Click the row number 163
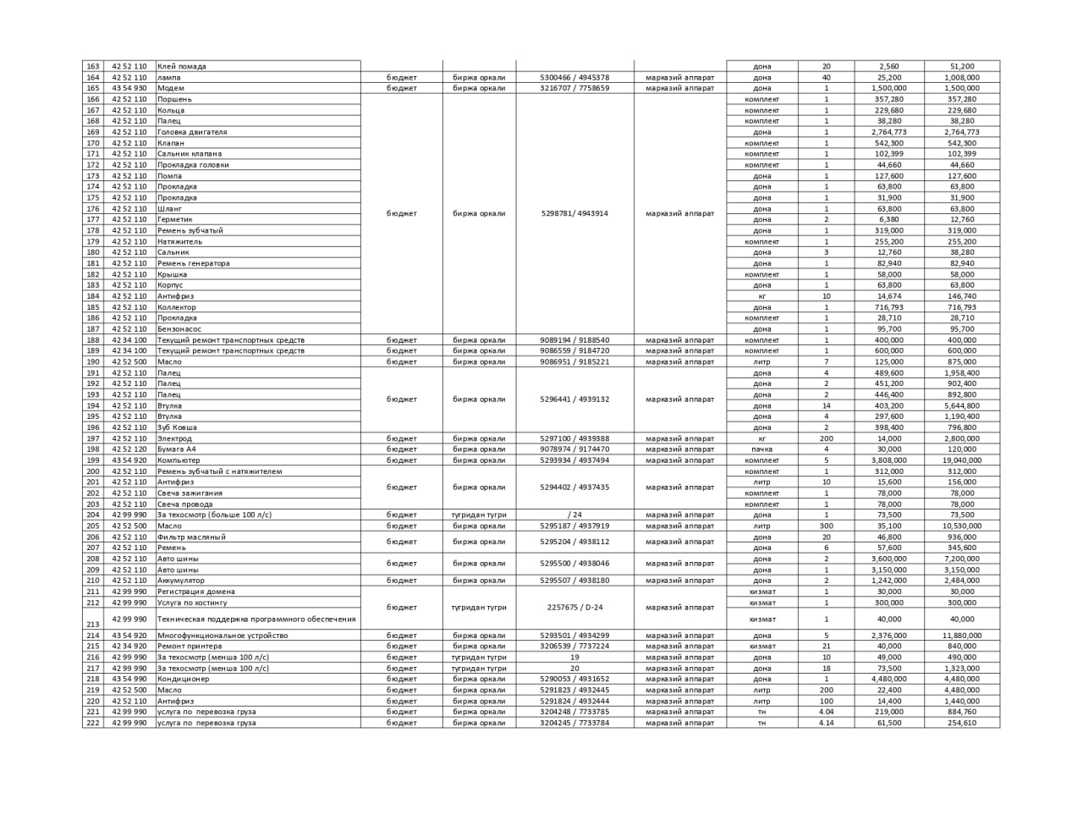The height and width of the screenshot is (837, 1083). click(x=93, y=66)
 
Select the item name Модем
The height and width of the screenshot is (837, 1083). click(x=171, y=88)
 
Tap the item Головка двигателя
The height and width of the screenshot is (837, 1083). click(x=192, y=132)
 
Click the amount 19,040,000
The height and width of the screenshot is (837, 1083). click(x=962, y=460)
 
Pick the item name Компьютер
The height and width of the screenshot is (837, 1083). click(x=179, y=460)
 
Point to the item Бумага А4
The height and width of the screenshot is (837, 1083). click(x=176, y=449)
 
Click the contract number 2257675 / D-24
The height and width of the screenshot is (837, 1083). click(x=574, y=608)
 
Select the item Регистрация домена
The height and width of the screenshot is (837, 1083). click(x=196, y=592)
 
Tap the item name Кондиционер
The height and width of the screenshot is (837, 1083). click(x=183, y=679)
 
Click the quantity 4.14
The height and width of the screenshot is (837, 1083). click(x=827, y=723)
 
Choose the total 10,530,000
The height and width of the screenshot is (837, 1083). click(x=962, y=526)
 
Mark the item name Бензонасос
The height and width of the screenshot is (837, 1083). click(x=179, y=329)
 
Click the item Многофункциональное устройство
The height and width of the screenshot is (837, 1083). click(x=223, y=636)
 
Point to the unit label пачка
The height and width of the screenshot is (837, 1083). click(x=761, y=449)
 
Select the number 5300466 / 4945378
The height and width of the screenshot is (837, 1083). click(x=574, y=77)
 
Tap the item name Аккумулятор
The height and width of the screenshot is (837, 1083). click(x=181, y=581)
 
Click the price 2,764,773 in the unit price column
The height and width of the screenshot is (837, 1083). click(x=888, y=132)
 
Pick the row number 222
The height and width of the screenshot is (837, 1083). click(x=93, y=723)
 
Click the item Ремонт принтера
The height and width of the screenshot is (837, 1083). click(x=190, y=646)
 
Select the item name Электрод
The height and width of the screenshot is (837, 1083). click(x=174, y=438)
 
